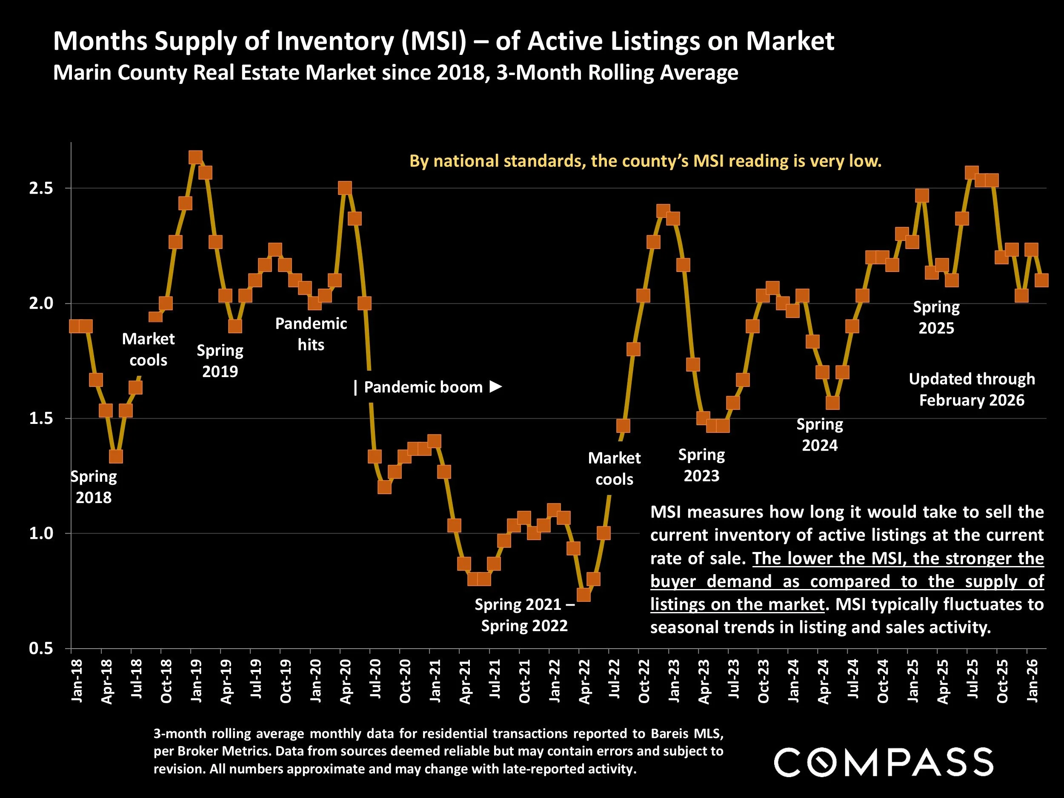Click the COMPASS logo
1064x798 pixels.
coord(883,761)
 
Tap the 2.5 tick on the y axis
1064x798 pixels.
coord(41,188)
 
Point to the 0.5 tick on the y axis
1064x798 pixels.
coord(41,648)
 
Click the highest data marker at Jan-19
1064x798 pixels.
coord(195,157)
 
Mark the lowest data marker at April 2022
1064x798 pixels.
coord(583,595)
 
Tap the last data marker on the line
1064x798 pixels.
coord(1041,280)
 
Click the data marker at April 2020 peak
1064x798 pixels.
coord(345,188)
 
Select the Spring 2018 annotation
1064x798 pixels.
coord(93,487)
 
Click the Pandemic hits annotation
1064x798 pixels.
coord(311,334)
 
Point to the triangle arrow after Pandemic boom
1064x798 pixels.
coord(495,386)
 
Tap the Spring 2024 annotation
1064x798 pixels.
coord(820,435)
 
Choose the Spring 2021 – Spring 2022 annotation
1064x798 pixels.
coord(524,615)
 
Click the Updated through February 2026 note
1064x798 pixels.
coord(972,389)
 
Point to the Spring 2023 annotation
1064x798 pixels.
coord(701,465)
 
